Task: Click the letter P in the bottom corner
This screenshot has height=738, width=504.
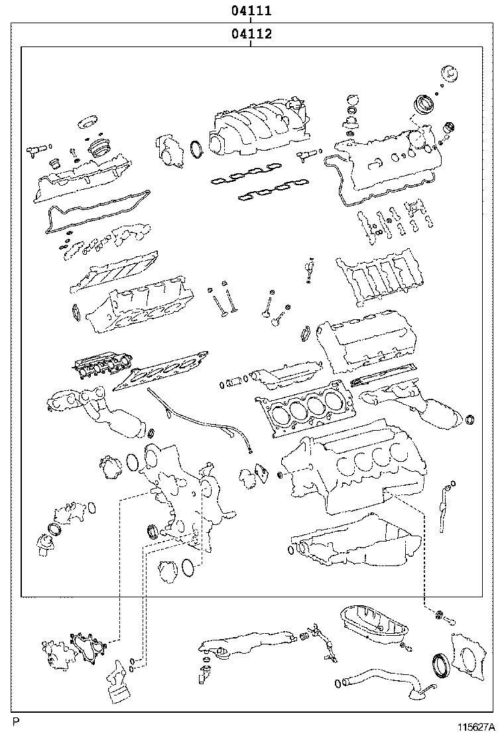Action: click(x=15, y=721)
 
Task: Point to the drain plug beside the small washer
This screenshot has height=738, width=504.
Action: click(x=450, y=621)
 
